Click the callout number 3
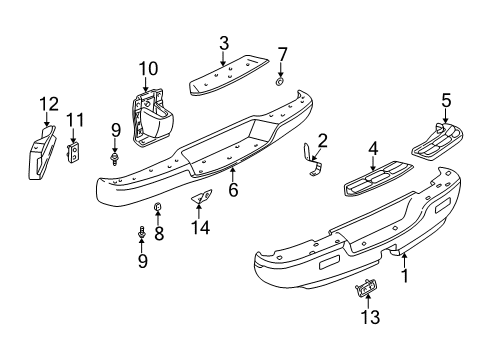pos(224,42)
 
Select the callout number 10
pos(149,67)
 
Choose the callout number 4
pos(372,151)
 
